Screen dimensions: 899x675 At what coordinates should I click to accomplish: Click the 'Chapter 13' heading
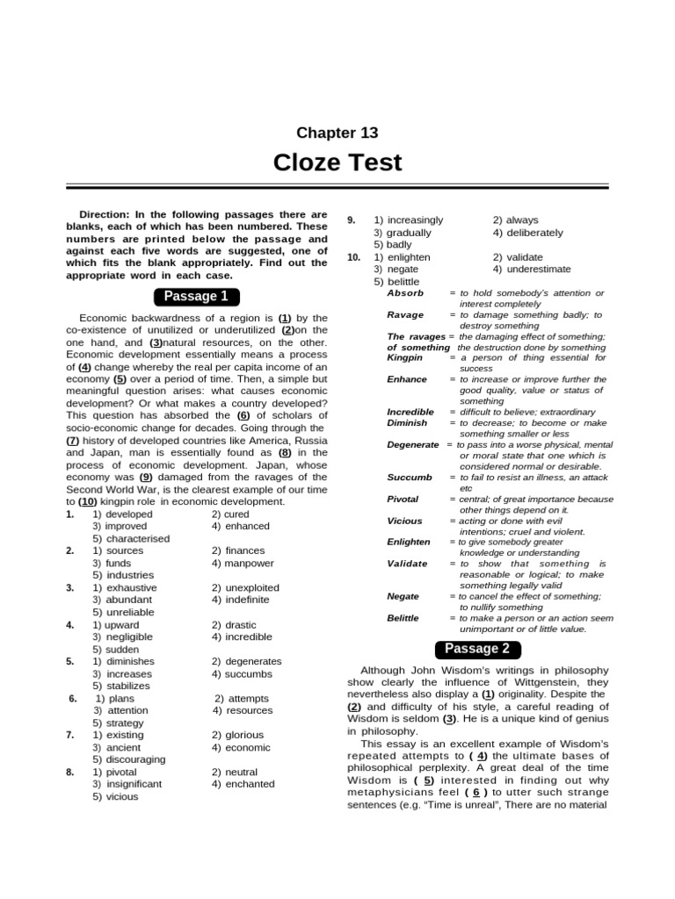tap(337, 133)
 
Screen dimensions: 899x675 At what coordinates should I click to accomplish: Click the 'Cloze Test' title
tap(337, 163)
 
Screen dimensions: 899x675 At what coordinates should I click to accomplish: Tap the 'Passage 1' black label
tap(196, 296)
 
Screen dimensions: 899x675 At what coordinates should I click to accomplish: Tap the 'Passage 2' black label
tap(477, 650)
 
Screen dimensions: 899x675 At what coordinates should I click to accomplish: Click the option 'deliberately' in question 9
tap(533, 233)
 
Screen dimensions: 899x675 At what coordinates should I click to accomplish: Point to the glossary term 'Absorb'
tap(405, 292)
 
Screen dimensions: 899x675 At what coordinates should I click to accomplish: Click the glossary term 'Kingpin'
tap(405, 358)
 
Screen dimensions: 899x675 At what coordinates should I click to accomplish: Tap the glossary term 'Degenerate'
tap(413, 444)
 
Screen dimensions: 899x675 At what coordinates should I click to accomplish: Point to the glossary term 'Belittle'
tap(403, 618)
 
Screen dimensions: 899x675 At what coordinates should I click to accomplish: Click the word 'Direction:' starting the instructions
tap(108, 214)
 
